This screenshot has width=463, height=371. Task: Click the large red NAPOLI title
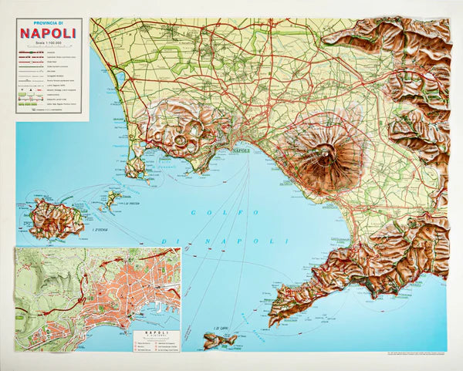48,33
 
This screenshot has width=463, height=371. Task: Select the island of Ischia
56,218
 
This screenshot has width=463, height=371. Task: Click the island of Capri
221,339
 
